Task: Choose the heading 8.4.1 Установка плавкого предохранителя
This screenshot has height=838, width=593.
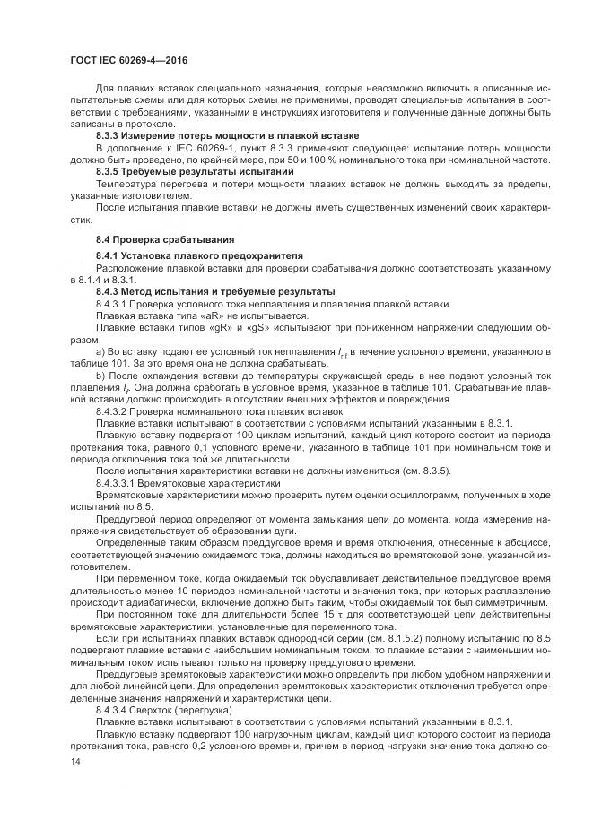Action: click(x=199, y=255)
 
